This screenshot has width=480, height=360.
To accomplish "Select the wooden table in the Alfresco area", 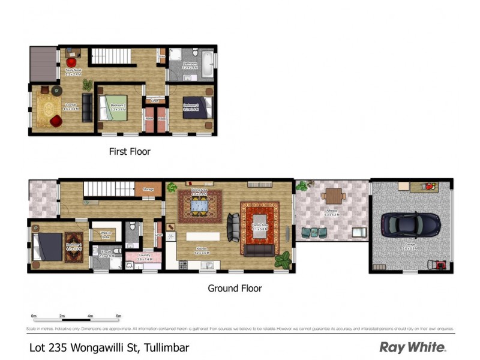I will click(x=332, y=196).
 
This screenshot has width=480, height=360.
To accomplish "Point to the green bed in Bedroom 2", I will click(x=119, y=109).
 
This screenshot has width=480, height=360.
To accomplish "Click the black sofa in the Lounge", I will click(x=88, y=108).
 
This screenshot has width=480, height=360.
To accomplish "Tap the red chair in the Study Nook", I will click(x=71, y=62).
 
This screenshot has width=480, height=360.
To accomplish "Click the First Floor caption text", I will click(x=130, y=152).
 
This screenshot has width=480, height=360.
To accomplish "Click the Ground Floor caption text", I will click(x=235, y=289).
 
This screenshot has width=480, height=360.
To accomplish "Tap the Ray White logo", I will click(x=413, y=347).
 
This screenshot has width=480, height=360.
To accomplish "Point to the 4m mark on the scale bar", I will click(x=90, y=316).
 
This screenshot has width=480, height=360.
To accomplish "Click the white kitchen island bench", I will click(x=203, y=236).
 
